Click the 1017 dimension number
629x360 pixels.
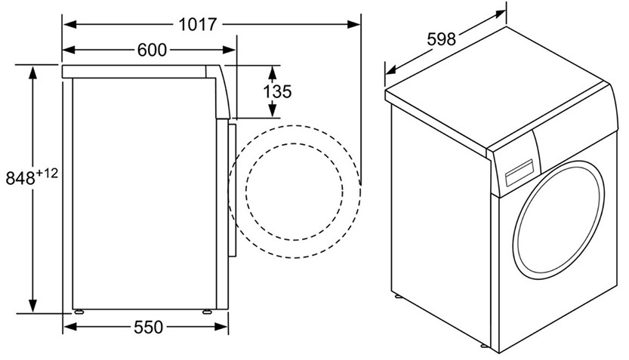tap(197, 25)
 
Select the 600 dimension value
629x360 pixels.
tap(152, 50)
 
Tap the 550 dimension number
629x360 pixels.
tap(149, 328)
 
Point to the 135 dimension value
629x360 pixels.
tap(277, 91)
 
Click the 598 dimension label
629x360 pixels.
tap(441, 39)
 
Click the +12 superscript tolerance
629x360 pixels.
tap(48, 174)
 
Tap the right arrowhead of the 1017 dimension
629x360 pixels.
tap(353, 25)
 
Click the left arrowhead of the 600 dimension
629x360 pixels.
tap(69, 50)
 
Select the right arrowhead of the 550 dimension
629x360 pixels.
tap(221, 327)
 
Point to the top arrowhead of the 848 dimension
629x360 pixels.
tap(32, 72)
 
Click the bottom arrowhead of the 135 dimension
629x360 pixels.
tap(273, 110)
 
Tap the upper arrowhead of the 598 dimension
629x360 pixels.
tap(500, 14)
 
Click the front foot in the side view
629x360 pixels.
tap(207, 312)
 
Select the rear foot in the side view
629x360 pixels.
tap(79, 312)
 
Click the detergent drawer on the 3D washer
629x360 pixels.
tap(519, 173)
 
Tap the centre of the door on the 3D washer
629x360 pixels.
tap(559, 220)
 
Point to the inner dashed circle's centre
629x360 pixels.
tap(294, 192)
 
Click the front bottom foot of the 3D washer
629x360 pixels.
tap(485, 346)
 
